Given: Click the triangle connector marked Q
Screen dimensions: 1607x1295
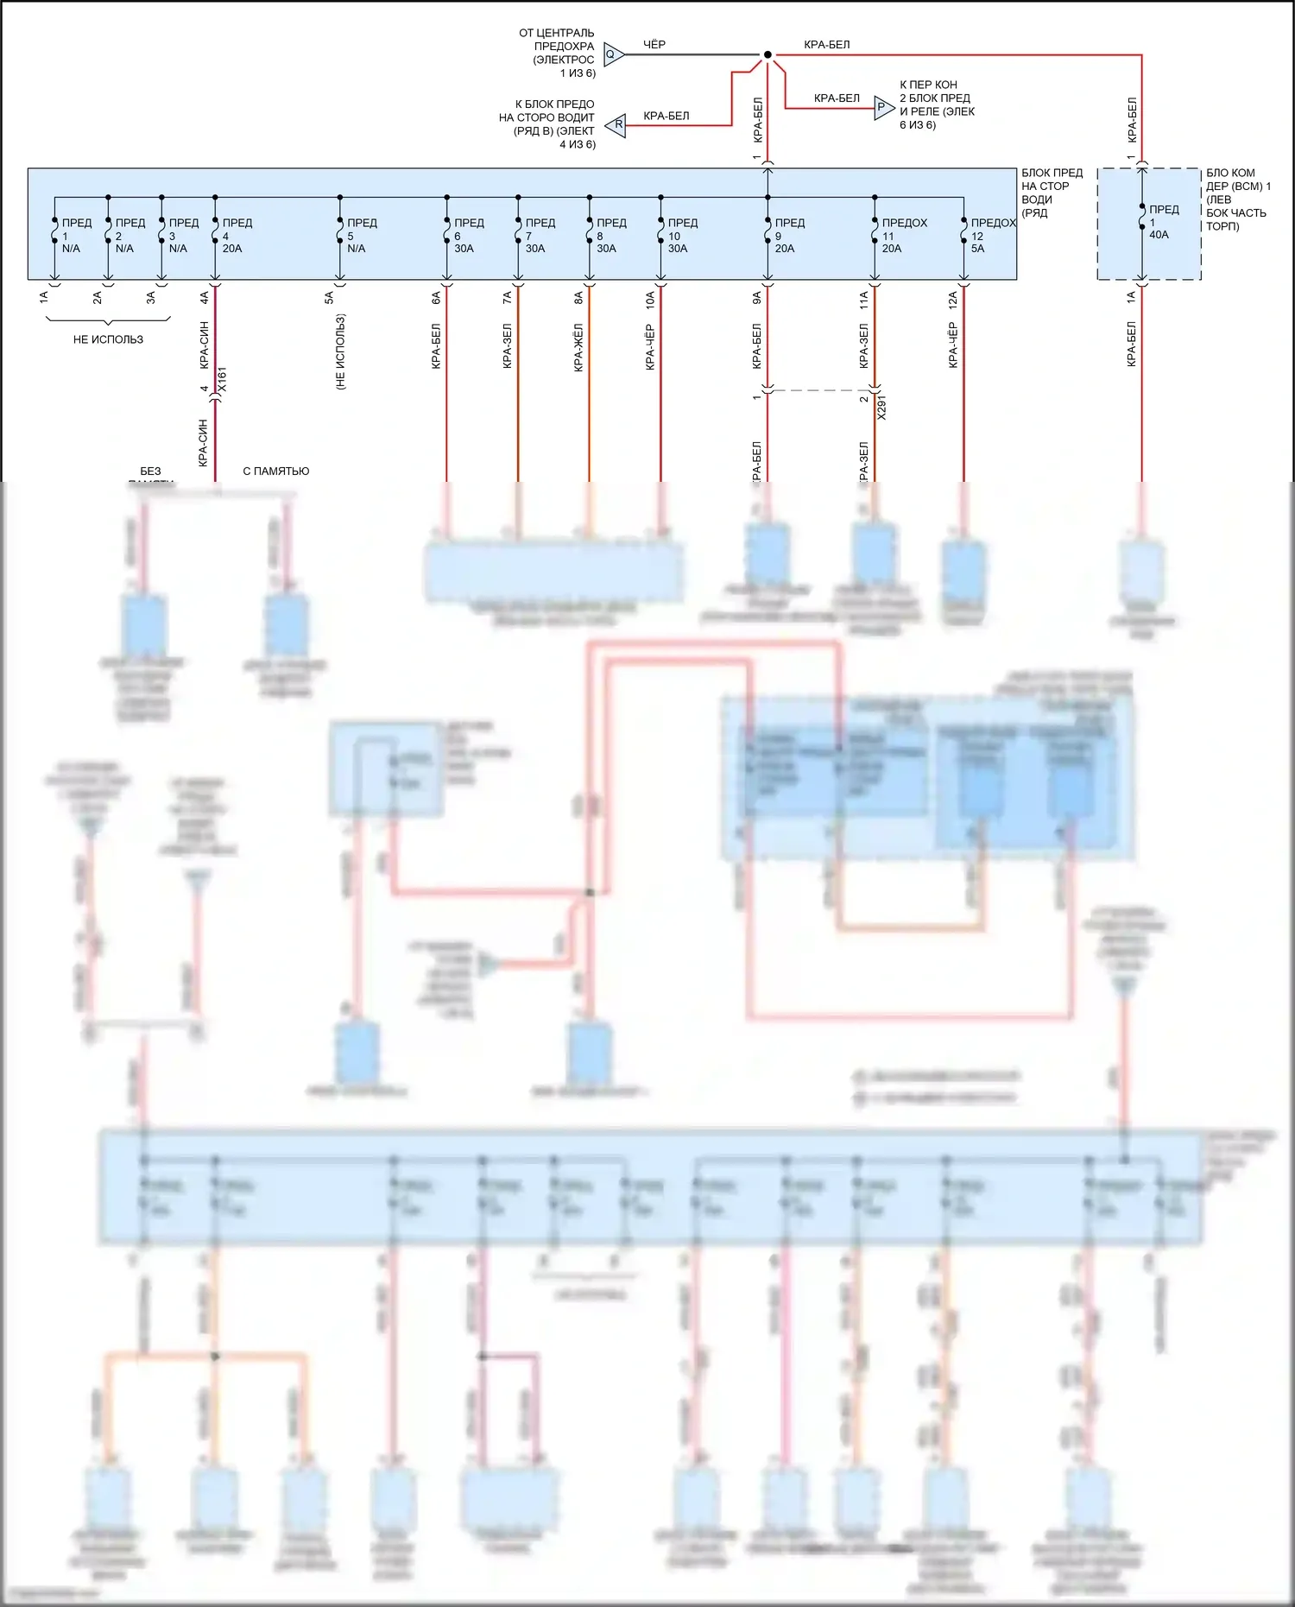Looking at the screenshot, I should [612, 54].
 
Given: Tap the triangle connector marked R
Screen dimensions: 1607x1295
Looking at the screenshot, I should [616, 125].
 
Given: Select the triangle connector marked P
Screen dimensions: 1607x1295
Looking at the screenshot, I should [882, 107].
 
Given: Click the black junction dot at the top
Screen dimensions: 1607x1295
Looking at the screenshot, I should [768, 54].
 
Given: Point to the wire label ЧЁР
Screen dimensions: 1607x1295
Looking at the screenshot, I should [654, 44].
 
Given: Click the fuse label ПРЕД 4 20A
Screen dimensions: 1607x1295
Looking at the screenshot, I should [236, 236].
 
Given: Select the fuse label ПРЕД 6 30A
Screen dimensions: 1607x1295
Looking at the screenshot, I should [468, 236].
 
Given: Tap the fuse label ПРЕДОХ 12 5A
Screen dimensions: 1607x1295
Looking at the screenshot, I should [992, 236].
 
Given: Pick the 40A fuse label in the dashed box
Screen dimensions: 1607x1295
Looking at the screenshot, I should [1162, 222].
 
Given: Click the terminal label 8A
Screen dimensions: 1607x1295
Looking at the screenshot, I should [578, 298].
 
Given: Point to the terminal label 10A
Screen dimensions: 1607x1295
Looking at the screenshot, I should [649, 299].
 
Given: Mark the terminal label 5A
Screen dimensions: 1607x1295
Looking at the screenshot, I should [329, 298].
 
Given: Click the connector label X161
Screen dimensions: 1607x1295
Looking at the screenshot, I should [223, 380].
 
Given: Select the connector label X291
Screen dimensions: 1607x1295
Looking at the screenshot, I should [881, 408].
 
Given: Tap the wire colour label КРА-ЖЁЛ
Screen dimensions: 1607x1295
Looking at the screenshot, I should [578, 347].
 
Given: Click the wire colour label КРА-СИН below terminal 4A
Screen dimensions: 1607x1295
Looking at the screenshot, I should [205, 345].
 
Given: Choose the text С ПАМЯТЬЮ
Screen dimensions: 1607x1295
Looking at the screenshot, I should [275, 471].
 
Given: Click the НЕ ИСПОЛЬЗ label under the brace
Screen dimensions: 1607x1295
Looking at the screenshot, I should [108, 339].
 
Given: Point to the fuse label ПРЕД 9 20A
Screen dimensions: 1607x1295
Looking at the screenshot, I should [788, 236].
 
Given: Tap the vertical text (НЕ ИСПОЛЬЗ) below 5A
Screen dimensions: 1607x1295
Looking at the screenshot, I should [340, 351].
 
